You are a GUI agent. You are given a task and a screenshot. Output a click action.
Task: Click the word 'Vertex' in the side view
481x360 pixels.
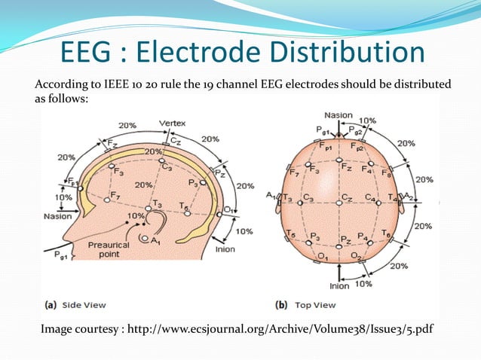172,124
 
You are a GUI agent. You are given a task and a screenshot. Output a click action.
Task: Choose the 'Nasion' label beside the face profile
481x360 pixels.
57,216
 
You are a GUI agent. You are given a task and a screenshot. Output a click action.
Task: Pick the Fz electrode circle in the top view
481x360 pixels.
339,160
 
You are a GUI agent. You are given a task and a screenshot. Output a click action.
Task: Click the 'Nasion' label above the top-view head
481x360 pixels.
339,115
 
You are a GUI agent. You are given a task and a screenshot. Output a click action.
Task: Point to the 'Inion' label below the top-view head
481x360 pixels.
339,286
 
